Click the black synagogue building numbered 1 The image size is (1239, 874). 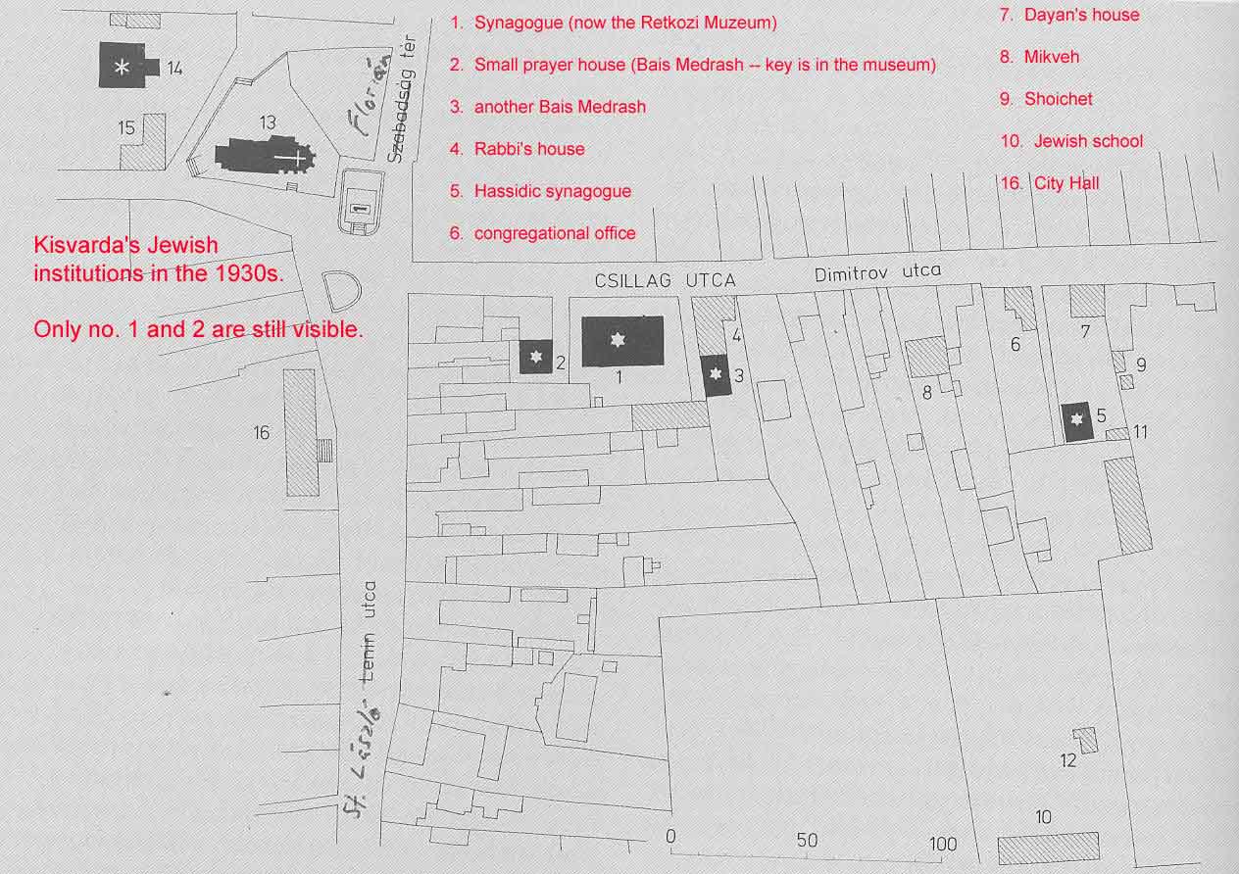pos(622,341)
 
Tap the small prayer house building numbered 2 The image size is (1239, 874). pos(535,357)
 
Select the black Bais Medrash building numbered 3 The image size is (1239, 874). pos(716,375)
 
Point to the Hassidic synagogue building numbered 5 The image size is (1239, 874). pos(1076,421)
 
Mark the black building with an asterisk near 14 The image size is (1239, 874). pos(126,66)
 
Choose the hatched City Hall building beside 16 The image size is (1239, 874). pos(302,432)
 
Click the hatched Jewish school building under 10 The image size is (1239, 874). pos(1048,849)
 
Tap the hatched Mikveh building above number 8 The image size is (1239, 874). pos(926,357)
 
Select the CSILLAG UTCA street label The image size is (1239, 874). pos(666,281)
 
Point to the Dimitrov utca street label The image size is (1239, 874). pos(877,272)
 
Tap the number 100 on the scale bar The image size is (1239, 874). pos(943,845)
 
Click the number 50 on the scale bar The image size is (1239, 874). pos(807,841)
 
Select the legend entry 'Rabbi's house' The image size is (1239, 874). pos(529,149)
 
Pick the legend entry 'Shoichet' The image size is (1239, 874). pos(1058,99)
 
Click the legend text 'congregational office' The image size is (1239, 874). pos(555,233)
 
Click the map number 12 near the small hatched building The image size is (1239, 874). pos(1068,760)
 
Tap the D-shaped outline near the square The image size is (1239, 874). pos(342,290)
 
